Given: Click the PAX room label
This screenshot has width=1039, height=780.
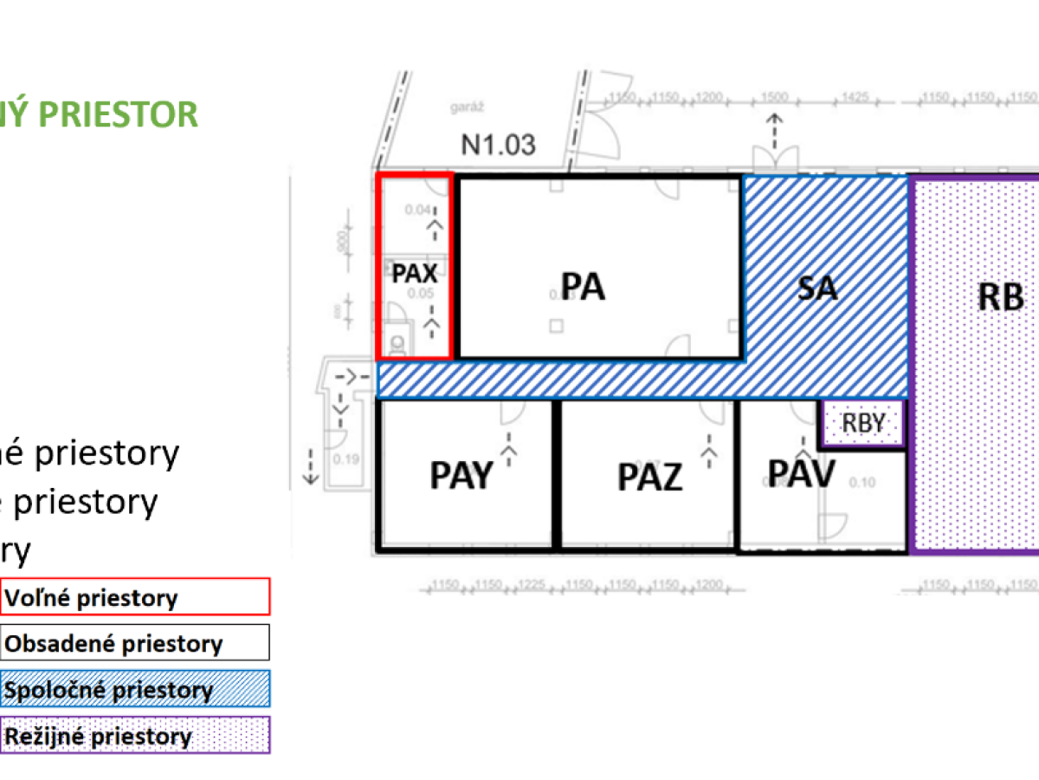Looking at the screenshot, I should pyautogui.click(x=415, y=274).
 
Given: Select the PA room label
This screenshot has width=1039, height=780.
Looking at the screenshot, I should pyautogui.click(x=583, y=287).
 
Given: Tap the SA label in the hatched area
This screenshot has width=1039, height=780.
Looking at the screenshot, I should pyautogui.click(x=817, y=287).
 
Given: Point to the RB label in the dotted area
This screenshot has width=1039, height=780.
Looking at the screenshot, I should pyautogui.click(x=1000, y=297).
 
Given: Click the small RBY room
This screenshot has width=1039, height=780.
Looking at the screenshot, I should pyautogui.click(x=862, y=424).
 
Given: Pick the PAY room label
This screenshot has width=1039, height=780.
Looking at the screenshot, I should pyautogui.click(x=461, y=475).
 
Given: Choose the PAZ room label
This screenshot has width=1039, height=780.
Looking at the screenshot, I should pyautogui.click(x=650, y=478).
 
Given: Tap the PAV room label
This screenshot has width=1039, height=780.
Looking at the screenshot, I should pyautogui.click(x=802, y=473).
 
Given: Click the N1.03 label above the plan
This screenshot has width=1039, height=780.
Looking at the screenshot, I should pyautogui.click(x=498, y=144).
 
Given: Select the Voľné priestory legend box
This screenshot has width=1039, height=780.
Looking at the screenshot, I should pyautogui.click(x=135, y=597).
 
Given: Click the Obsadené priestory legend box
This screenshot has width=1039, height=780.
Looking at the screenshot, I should pyautogui.click(x=135, y=643).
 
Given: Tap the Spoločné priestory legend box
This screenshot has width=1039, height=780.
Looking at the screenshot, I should pyautogui.click(x=135, y=690).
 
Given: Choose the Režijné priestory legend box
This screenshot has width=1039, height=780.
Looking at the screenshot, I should pyautogui.click(x=135, y=736).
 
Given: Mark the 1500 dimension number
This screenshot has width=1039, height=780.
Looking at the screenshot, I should pyautogui.click(x=776, y=96).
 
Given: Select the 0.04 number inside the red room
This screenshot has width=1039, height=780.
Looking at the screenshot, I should pyautogui.click(x=417, y=209).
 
